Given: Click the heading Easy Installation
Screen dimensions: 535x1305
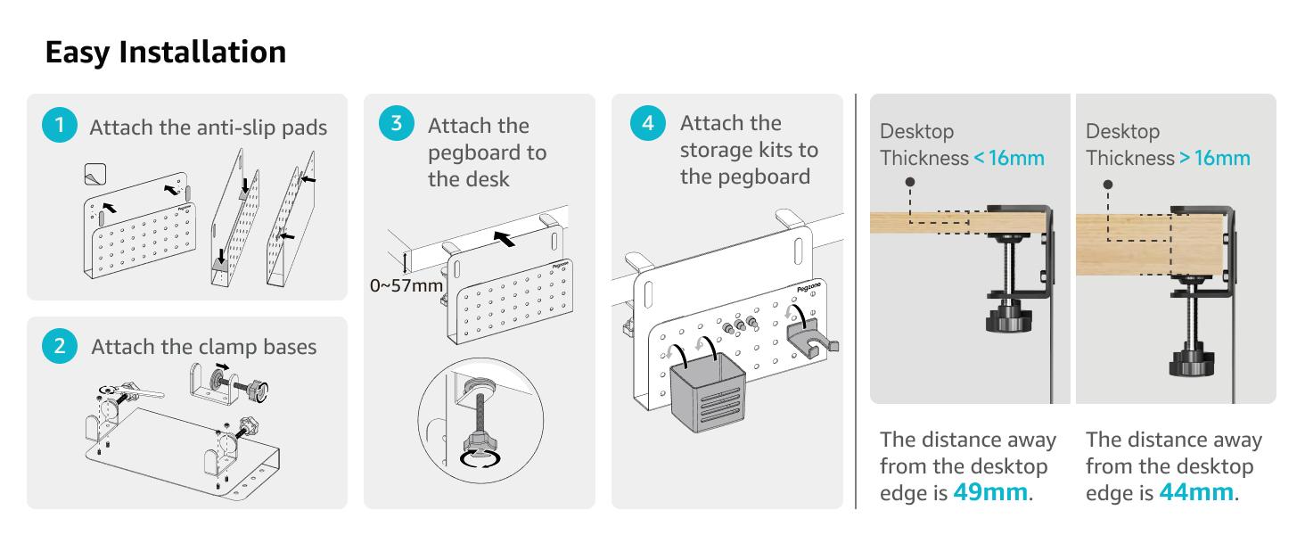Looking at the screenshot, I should pos(166,52).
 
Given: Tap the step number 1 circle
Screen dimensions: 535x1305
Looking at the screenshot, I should pos(59,126).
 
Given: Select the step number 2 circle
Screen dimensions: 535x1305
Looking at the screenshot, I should pos(59,346).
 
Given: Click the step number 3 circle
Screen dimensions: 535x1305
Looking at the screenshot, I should pos(396,123).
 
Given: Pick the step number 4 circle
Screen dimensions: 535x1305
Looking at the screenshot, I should pos(647,123).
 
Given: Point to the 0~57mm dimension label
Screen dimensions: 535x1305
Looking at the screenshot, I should pos(406,286).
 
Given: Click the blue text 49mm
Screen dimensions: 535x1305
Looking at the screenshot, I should pos(990,492).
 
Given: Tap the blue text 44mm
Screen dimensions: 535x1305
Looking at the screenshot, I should pos(1196,492).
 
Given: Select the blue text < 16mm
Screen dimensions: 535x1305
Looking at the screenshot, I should pos(1009,158).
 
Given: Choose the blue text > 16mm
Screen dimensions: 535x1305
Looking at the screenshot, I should pos(1215,158).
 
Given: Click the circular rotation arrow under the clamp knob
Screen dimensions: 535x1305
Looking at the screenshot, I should pos(478,457).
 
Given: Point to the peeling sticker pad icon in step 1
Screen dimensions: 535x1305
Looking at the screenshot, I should pos(94,175).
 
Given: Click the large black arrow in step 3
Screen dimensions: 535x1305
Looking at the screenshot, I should pos(504,239).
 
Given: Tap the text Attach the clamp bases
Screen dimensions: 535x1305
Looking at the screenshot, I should pos(203,347).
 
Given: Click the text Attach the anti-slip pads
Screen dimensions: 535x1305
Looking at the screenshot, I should pos(208,128).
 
